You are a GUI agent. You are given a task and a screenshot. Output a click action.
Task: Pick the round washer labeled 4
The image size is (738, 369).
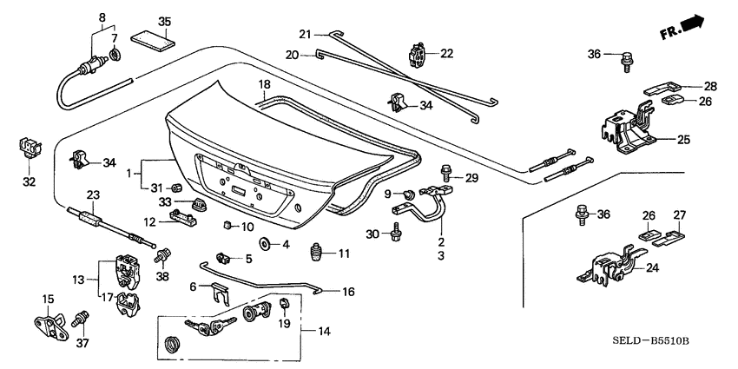coord(265,244)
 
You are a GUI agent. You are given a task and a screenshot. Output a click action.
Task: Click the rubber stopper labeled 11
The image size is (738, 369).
coord(318,254)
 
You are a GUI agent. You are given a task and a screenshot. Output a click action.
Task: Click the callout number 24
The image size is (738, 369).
coord(651,268)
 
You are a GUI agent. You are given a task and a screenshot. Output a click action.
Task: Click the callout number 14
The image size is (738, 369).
coord(324,332)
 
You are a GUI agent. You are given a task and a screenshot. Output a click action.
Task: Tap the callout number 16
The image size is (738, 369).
coord(347,293)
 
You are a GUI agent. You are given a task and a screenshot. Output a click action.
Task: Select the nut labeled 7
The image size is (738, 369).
coord(115,58)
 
